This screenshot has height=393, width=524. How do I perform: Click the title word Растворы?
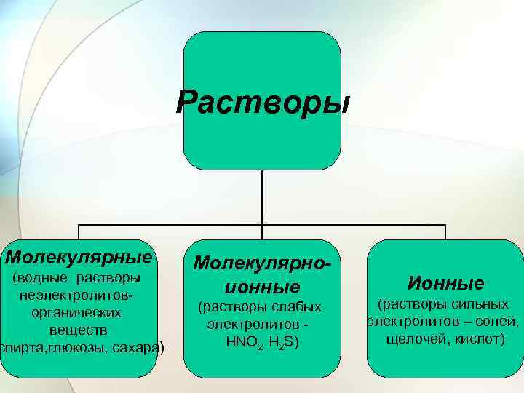click(x=262, y=102)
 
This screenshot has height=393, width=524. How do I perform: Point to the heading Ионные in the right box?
click(x=446, y=282)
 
